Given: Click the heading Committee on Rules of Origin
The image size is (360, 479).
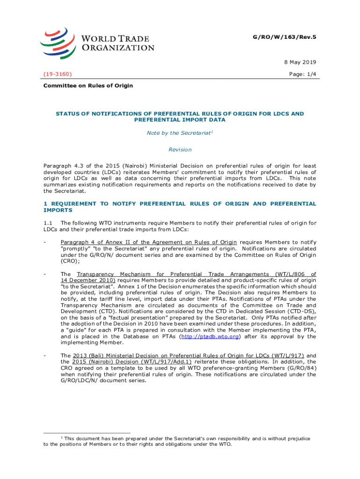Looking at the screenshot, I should pyautogui.click(x=88, y=86).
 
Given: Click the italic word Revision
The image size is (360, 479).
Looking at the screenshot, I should pyautogui.click(x=180, y=150).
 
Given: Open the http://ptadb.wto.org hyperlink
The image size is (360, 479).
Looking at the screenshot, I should pyautogui.click(x=212, y=336).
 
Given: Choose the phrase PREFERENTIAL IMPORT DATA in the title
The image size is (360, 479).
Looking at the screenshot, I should pyautogui.click(x=180, y=120).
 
